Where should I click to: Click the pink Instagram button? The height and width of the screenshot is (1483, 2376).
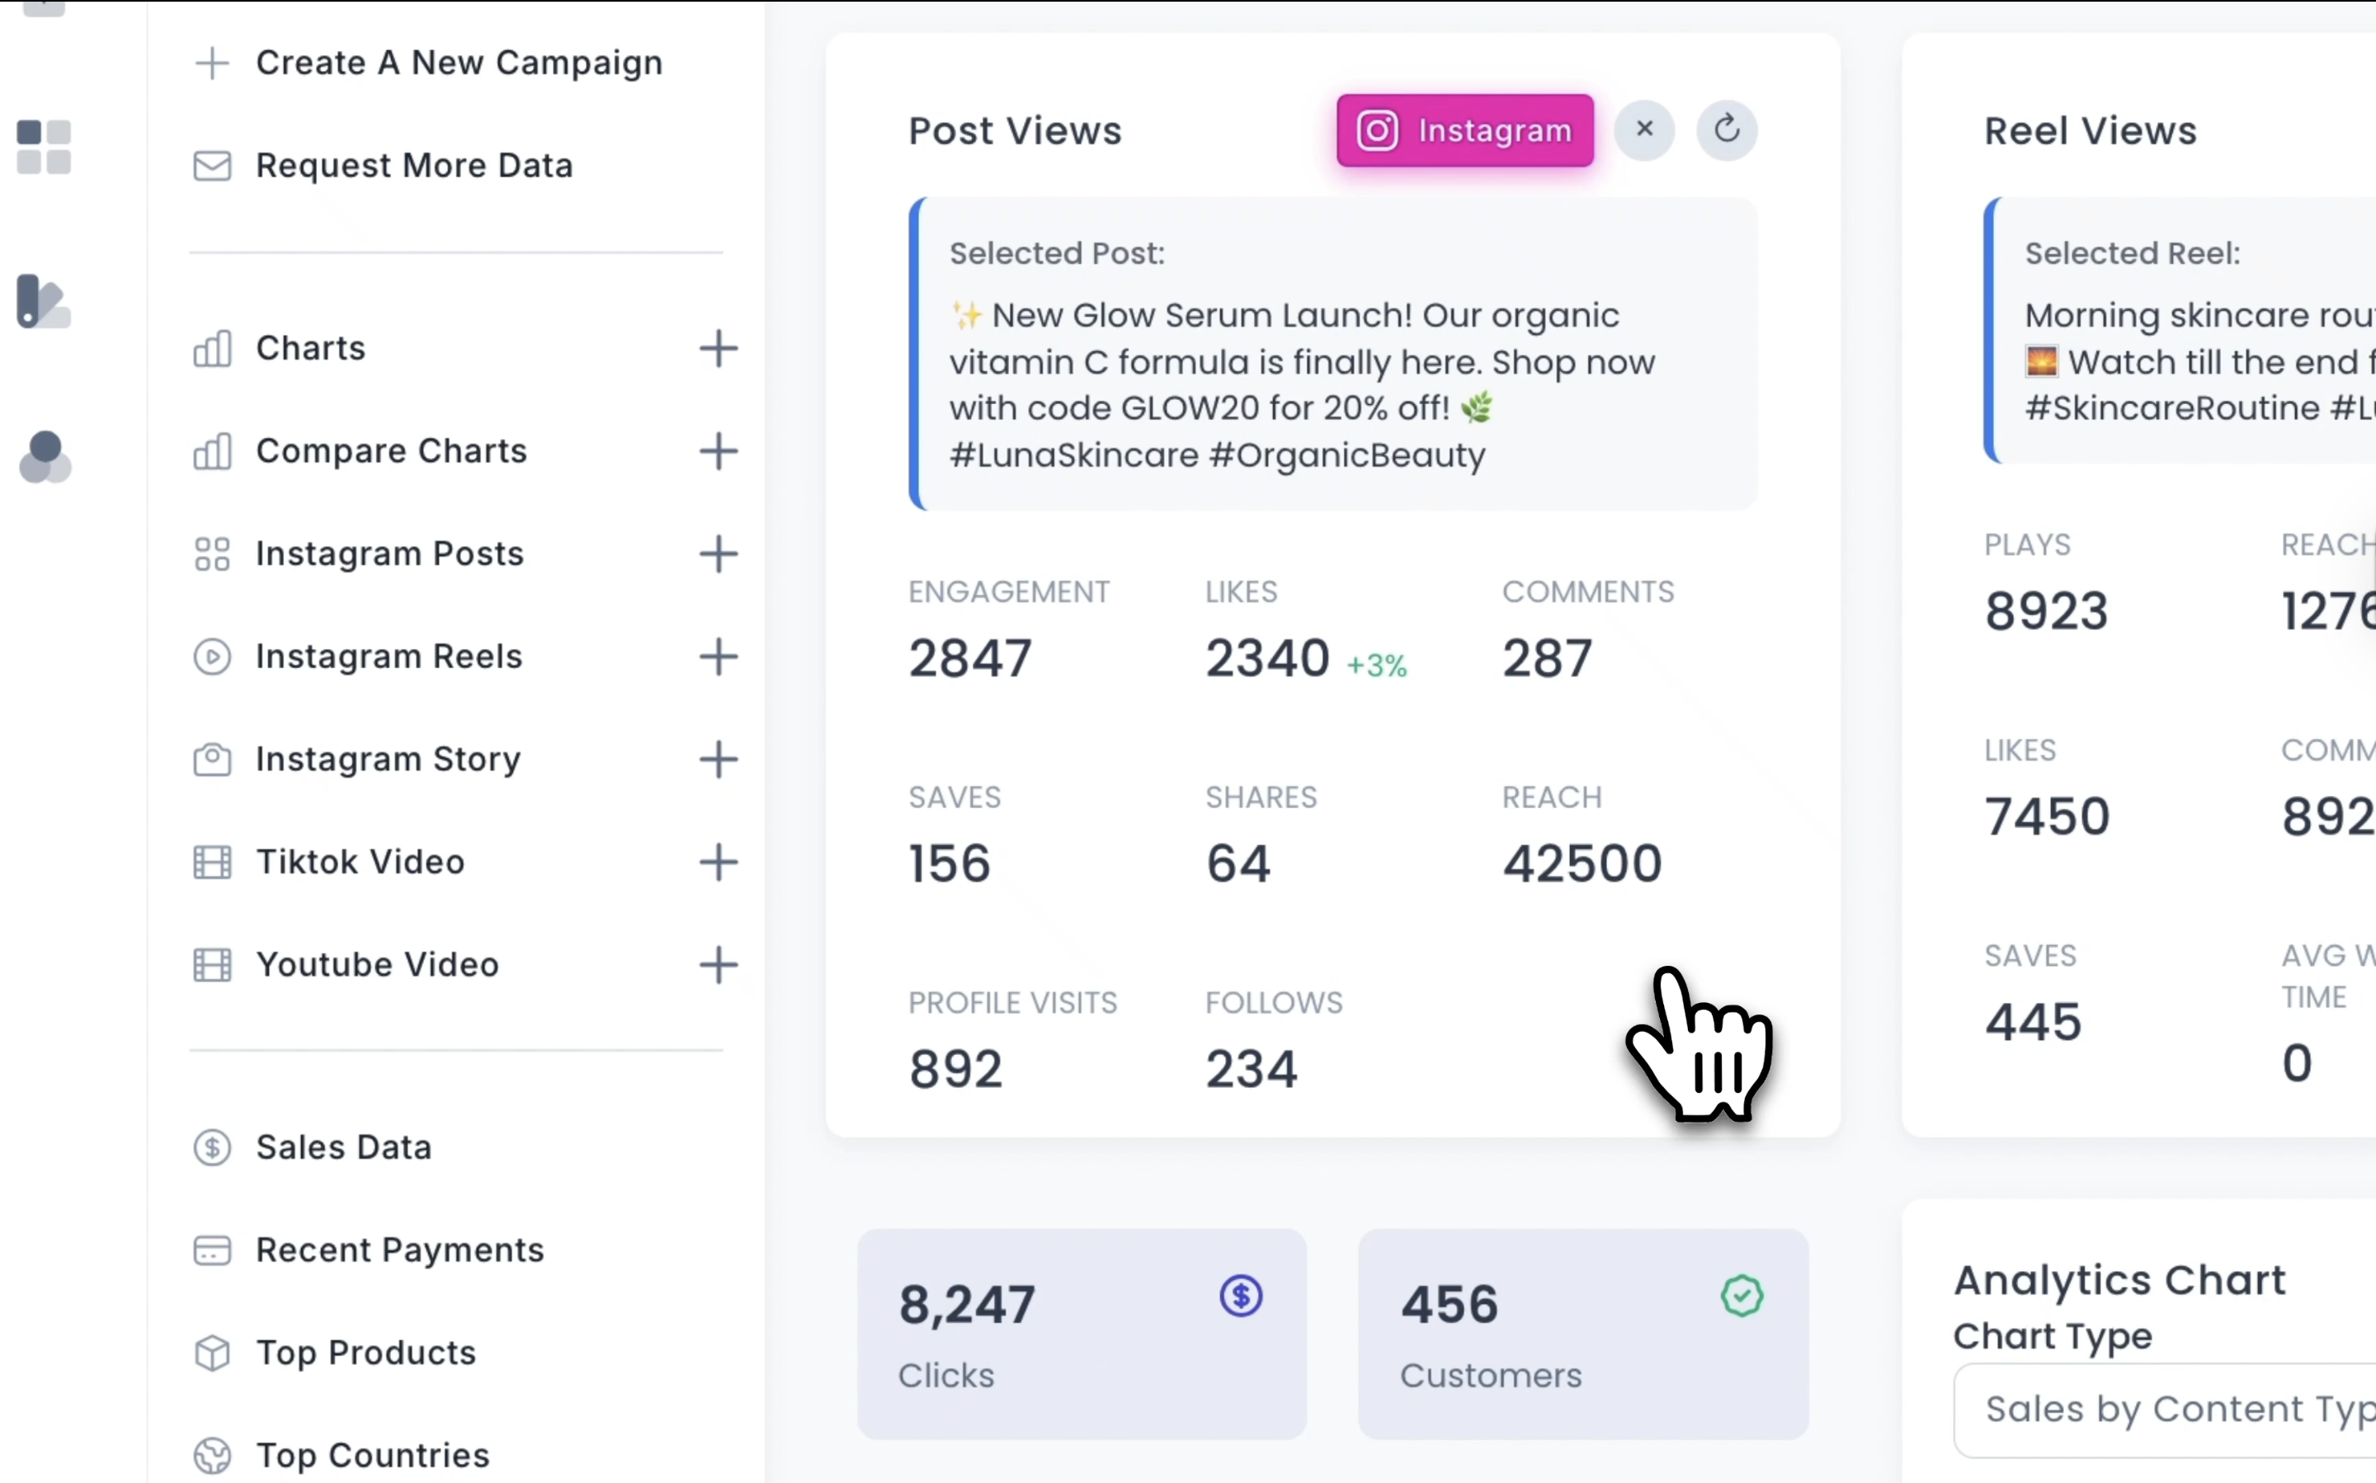click(x=1464, y=130)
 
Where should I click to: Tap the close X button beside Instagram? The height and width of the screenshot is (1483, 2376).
click(x=1644, y=129)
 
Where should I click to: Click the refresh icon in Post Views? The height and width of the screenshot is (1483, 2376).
click(x=1727, y=129)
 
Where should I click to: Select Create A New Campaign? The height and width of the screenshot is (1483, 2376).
click(x=458, y=63)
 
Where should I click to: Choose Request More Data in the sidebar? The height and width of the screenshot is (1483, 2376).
click(x=413, y=166)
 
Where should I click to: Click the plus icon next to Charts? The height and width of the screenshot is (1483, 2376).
click(x=718, y=348)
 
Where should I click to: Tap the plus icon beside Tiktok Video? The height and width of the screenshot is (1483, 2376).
click(x=718, y=862)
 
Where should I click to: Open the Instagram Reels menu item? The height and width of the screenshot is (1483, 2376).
click(x=389, y=657)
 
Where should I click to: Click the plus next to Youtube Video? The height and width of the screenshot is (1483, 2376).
click(x=718, y=965)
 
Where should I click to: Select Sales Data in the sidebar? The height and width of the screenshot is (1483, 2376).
click(x=343, y=1146)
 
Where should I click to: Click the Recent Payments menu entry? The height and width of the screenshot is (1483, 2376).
click(x=399, y=1250)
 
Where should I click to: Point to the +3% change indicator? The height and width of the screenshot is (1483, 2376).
click(x=1376, y=666)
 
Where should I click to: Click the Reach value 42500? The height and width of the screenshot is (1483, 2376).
click(x=1582, y=863)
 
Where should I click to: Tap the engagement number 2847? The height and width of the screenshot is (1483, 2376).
click(x=969, y=658)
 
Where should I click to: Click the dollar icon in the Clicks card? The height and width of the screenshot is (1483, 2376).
click(x=1241, y=1296)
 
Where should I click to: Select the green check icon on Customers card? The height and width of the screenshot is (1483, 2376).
click(x=1742, y=1296)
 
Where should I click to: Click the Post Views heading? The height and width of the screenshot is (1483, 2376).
click(x=1015, y=130)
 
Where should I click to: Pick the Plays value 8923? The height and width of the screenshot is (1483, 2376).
click(x=2045, y=611)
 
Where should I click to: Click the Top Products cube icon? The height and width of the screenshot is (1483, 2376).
click(x=212, y=1353)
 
